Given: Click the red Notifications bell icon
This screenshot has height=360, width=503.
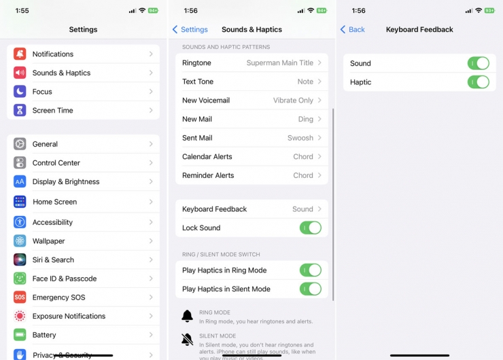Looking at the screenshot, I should pyautogui.click(x=20, y=54).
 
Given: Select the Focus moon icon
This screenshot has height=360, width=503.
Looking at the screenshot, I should pyautogui.click(x=20, y=92).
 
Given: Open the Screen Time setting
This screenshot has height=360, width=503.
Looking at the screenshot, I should pyautogui.click(x=52, y=110).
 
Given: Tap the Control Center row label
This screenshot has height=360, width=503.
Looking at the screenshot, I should pyautogui.click(x=56, y=163).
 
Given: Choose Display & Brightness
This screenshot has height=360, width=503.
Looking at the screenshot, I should pyautogui.click(x=66, y=181).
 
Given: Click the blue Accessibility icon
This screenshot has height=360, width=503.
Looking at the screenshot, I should pyautogui.click(x=20, y=222).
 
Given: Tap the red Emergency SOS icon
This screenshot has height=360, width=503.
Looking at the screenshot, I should pyautogui.click(x=20, y=298).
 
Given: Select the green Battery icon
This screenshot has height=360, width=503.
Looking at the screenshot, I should pyautogui.click(x=20, y=335).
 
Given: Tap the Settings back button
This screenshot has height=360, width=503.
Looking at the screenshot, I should pyautogui.click(x=190, y=30).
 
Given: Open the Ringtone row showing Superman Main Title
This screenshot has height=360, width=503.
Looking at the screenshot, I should pyautogui.click(x=252, y=63).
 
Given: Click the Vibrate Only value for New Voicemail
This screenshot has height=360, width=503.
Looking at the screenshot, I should pyautogui.click(x=293, y=101).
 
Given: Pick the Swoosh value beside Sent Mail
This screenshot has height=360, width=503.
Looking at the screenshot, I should pyautogui.click(x=300, y=138).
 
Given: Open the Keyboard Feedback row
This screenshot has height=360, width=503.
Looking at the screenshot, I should pyautogui.click(x=252, y=209).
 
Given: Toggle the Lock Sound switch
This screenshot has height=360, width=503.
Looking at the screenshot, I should pyautogui.click(x=310, y=228).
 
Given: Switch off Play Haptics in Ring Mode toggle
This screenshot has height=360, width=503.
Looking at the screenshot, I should pyautogui.click(x=310, y=270).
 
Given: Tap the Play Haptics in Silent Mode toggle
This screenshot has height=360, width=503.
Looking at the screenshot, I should pyautogui.click(x=310, y=289).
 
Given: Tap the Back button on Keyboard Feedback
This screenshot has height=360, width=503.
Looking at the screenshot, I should pyautogui.click(x=353, y=30).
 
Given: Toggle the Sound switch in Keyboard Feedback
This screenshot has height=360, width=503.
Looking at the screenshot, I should pyautogui.click(x=478, y=63).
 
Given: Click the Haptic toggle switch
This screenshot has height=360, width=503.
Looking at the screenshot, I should pyautogui.click(x=478, y=82).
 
